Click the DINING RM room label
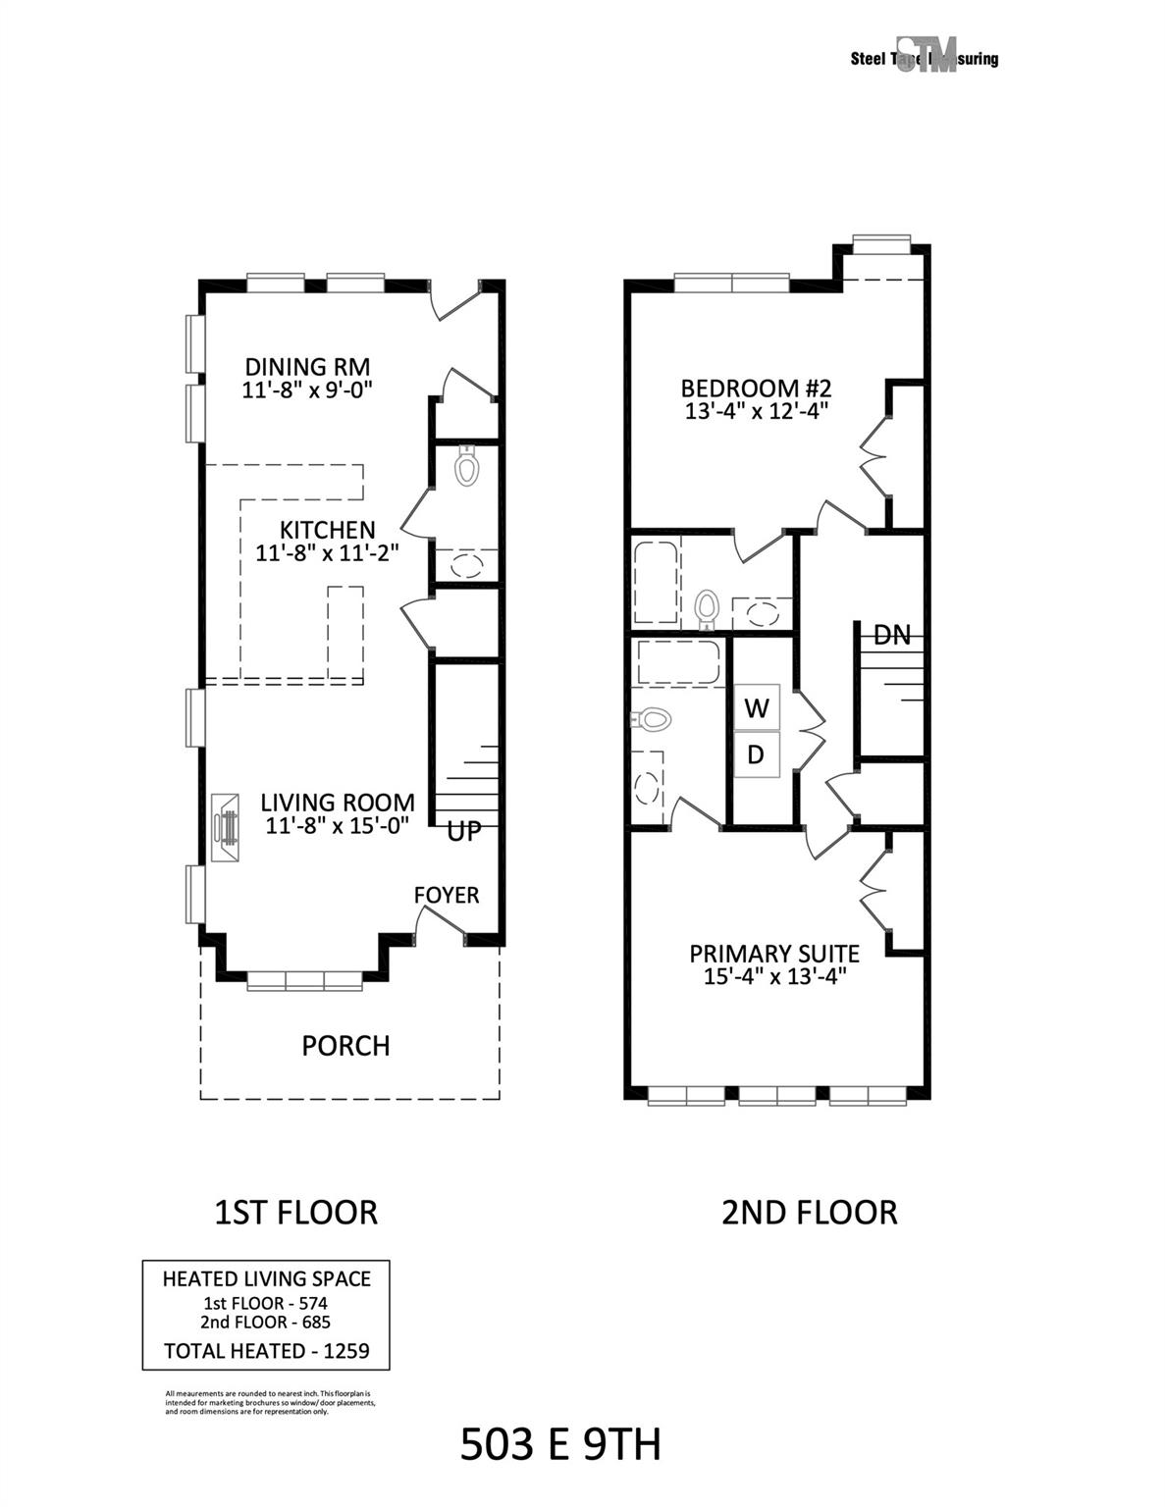[x=307, y=367]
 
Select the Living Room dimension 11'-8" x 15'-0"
[x=337, y=825]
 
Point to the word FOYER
[x=447, y=895]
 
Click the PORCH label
[x=345, y=1046]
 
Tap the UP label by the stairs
[x=464, y=832]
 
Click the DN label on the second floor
[x=891, y=635]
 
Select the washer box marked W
[x=757, y=707]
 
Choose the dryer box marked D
[x=757, y=754]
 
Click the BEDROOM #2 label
[x=757, y=387]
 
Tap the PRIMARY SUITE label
[x=774, y=954]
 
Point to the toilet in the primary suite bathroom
[x=653, y=720]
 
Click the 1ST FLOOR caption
[x=295, y=1213]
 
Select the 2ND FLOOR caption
[x=809, y=1213]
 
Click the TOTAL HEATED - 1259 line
[x=266, y=1351]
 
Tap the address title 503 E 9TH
[x=560, y=1444]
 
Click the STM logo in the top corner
[x=926, y=57]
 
